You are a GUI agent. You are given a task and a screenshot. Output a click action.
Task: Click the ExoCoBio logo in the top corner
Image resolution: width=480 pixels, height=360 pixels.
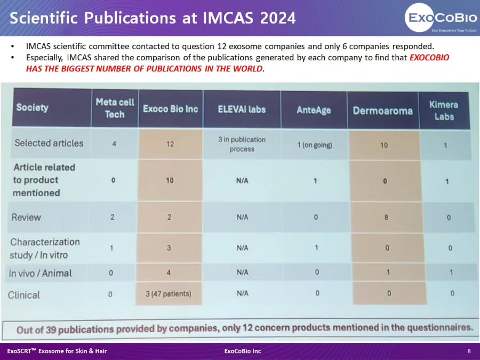click(441, 18)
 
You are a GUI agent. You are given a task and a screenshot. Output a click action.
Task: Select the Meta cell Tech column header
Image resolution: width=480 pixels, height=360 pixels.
click(115, 108)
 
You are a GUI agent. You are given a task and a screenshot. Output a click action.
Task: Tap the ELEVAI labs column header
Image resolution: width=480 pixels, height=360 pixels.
click(242, 109)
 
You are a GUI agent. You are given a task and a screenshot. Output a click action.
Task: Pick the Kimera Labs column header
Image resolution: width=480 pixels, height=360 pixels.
click(444, 110)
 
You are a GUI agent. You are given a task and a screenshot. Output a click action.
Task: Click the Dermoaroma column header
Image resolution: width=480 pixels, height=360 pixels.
click(382, 110)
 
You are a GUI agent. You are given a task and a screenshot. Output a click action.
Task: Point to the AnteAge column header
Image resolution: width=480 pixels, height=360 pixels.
click(314, 110)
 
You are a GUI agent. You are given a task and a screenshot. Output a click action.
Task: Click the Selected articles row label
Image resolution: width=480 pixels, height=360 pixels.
click(49, 143)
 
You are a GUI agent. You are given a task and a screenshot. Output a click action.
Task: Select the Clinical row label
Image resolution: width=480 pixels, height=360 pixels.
click(24, 295)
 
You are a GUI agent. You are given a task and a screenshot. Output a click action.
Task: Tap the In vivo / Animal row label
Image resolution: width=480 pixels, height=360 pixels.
click(40, 273)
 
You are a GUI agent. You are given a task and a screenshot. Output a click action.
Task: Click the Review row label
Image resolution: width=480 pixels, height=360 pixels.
click(26, 218)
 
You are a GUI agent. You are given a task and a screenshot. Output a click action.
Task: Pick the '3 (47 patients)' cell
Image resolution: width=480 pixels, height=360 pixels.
click(169, 294)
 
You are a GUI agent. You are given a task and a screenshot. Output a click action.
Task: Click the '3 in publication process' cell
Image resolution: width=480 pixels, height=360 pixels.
click(242, 144)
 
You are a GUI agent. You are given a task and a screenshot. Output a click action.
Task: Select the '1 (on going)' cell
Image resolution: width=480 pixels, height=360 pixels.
click(315, 145)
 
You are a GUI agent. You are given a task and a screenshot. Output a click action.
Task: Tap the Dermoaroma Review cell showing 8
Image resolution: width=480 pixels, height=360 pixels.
click(386, 218)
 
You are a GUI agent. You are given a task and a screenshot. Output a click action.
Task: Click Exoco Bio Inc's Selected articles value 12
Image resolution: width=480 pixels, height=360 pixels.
click(170, 144)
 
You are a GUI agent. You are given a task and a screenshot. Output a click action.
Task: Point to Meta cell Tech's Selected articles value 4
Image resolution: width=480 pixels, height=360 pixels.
click(114, 143)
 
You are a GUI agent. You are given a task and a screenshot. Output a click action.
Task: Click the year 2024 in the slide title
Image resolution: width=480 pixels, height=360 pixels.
click(278, 18)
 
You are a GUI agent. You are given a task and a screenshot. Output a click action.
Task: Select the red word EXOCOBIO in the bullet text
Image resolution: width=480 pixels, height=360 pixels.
click(429, 58)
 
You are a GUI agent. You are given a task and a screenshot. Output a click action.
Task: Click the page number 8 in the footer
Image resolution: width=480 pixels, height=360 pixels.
click(469, 351)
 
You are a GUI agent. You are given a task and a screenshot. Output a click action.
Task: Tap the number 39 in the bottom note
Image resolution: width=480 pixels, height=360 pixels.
click(51, 330)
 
